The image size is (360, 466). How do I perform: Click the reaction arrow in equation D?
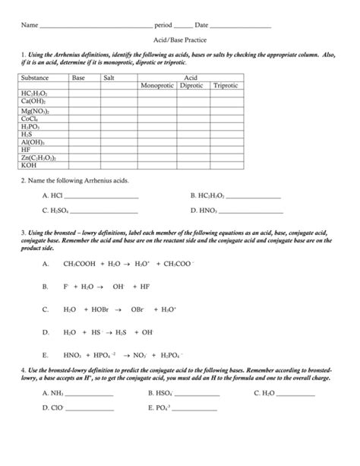click(x=118, y=332)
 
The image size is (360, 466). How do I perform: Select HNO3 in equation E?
click(x=73, y=355)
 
